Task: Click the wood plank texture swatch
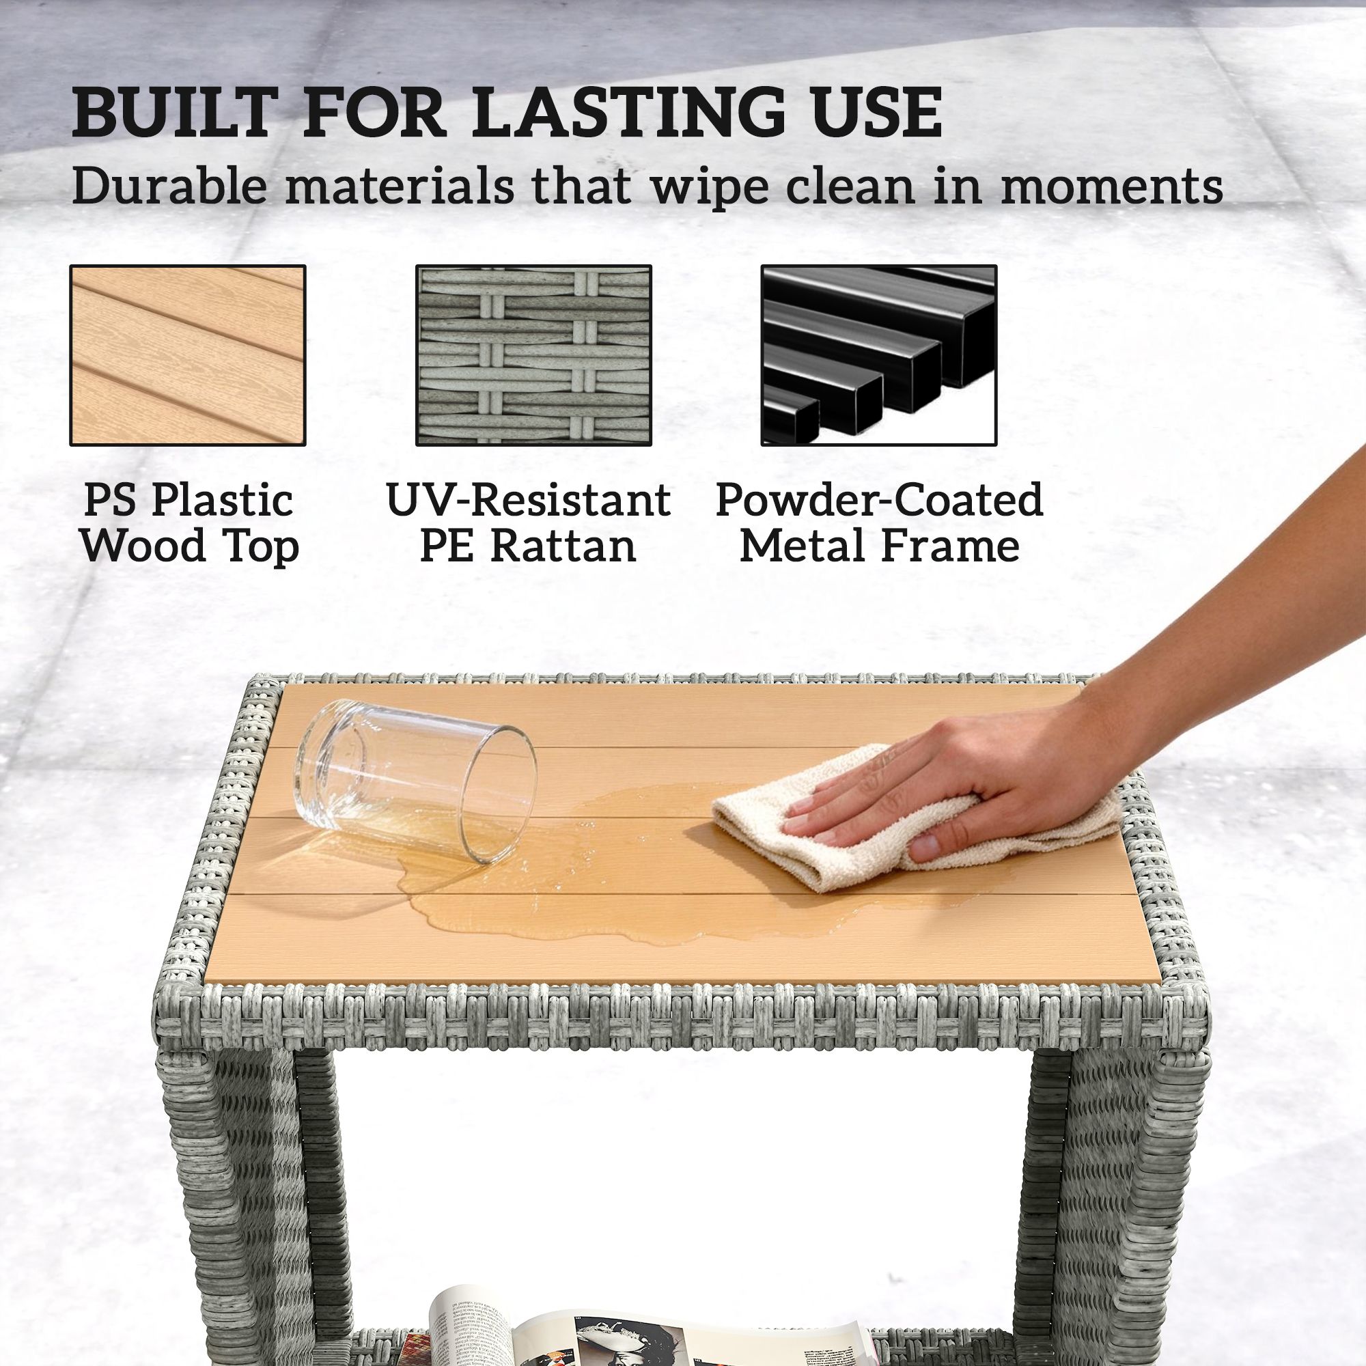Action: [187, 356]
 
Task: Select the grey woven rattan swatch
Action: [533, 356]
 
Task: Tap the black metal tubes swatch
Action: [879, 356]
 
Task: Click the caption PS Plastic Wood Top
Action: [188, 522]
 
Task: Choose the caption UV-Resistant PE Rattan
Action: [528, 522]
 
